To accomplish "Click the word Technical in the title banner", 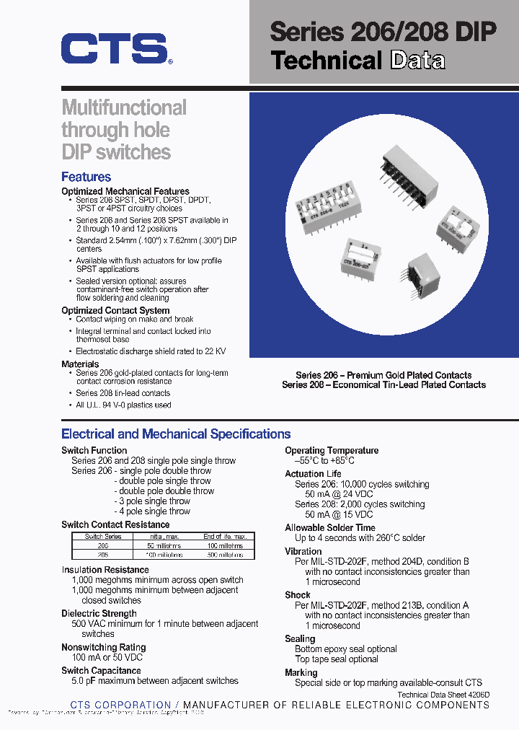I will pyautogui.click(x=326, y=61).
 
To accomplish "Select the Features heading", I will pyautogui.click(x=86, y=177).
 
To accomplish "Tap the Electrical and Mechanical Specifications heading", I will pyautogui.click(x=176, y=434).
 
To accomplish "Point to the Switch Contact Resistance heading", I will pyautogui.click(x=115, y=524).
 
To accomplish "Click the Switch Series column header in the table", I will pyautogui.click(x=103, y=537).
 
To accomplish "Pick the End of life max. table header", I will pyautogui.click(x=224, y=537).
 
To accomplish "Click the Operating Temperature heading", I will pyautogui.click(x=331, y=450).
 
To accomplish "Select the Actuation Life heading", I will pyautogui.click(x=314, y=474).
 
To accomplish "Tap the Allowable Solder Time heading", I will pyautogui.click(x=329, y=528).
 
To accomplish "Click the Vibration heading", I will pyautogui.click(x=303, y=551).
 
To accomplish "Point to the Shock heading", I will pyautogui.click(x=297, y=595).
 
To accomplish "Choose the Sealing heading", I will pyautogui.click(x=300, y=638).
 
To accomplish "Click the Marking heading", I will pyautogui.click(x=301, y=672).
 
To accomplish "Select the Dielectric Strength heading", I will pyautogui.click(x=99, y=613).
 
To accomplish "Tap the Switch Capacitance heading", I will pyautogui.click(x=101, y=670).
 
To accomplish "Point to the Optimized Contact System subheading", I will pyautogui.click(x=115, y=310).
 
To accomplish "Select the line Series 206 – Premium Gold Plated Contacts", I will pyautogui.click(x=383, y=375).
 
